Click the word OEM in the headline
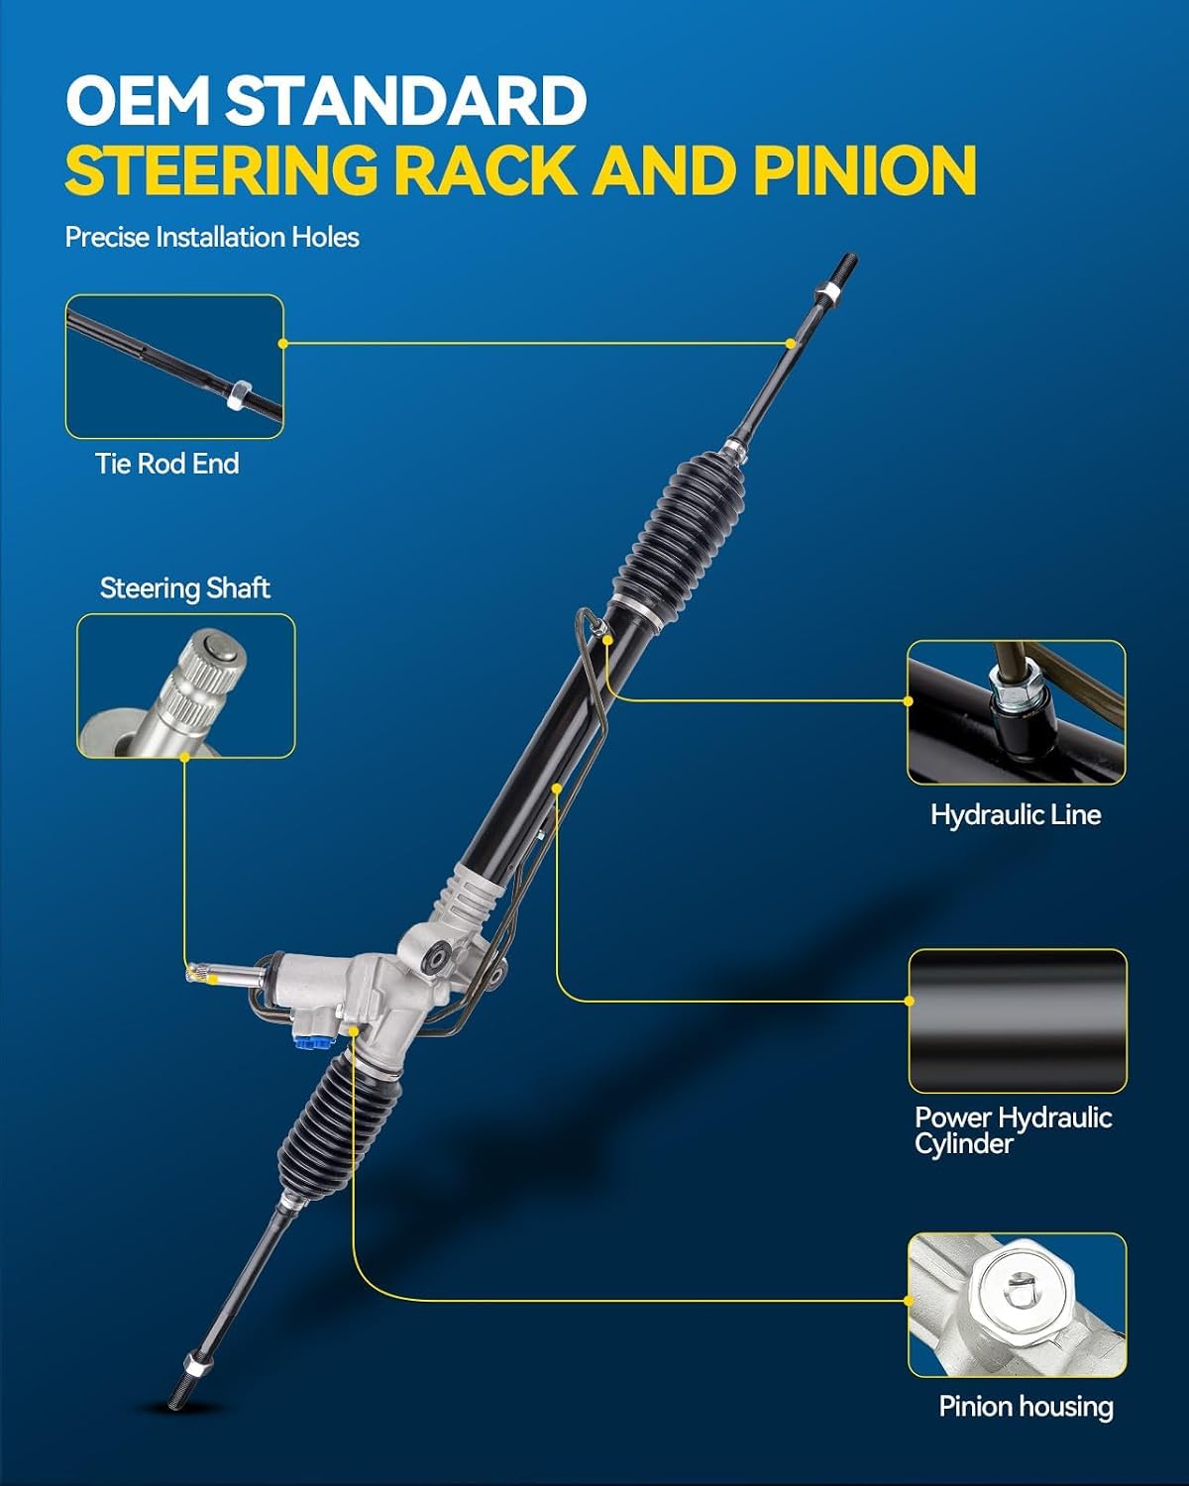(x=138, y=100)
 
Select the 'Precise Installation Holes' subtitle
(x=212, y=238)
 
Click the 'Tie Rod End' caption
(x=167, y=464)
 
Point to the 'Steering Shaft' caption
(x=185, y=588)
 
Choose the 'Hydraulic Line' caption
(x=1016, y=814)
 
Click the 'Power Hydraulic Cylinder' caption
(x=1013, y=1130)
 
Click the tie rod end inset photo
(x=174, y=367)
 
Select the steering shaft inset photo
(x=186, y=686)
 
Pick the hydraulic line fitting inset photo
(x=1017, y=712)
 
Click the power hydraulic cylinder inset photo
(x=1018, y=1021)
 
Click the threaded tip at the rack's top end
(x=847, y=265)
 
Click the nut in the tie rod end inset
(x=239, y=394)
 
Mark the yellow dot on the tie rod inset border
(x=282, y=343)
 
